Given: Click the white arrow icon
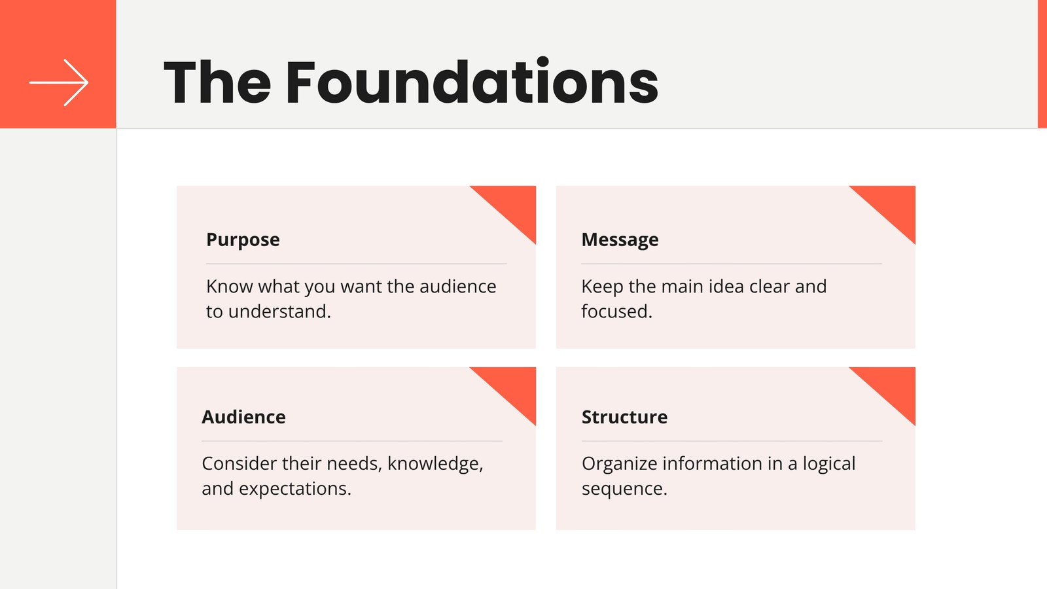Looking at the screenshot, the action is click(x=59, y=82).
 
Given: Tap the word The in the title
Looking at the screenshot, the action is click(x=217, y=82).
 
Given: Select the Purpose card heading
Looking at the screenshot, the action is click(x=243, y=240).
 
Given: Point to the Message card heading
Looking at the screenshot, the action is click(x=620, y=240).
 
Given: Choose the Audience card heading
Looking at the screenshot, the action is click(x=243, y=417).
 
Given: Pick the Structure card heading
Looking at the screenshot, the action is click(x=624, y=417).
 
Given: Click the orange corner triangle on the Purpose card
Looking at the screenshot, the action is click(x=514, y=205).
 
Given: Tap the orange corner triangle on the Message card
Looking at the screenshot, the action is click(x=894, y=205).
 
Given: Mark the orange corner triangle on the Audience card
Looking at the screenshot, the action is click(x=514, y=387).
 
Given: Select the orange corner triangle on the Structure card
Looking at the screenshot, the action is click(x=894, y=387).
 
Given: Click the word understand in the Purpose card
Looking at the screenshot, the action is click(x=279, y=312).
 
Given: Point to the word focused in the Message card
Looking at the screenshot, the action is click(x=616, y=312).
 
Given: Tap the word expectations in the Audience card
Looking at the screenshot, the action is click(x=295, y=489).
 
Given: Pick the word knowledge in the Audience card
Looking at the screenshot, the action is click(x=435, y=464).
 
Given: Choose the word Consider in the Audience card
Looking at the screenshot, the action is click(x=239, y=464).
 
